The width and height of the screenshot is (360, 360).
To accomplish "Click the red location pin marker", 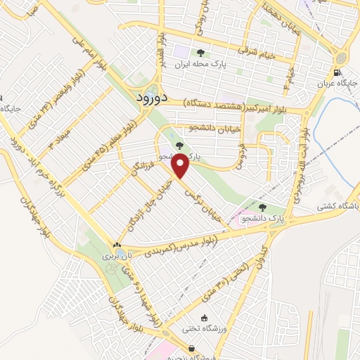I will (x=181, y=165).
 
